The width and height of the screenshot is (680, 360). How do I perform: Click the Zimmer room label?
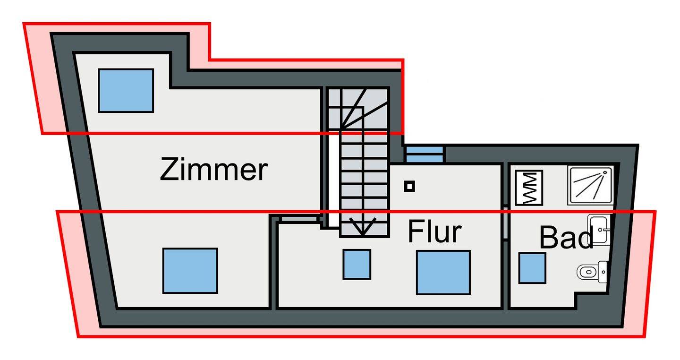click(214, 169)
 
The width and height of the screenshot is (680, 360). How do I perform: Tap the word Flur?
click(435, 231)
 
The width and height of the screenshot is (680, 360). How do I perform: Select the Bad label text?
click(566, 237)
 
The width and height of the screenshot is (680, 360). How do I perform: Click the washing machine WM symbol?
click(529, 188)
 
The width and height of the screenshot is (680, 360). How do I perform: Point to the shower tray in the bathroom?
click(590, 185)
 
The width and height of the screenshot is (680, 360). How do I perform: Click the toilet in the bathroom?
click(592, 271)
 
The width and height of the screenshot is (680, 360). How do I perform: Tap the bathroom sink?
click(599, 229)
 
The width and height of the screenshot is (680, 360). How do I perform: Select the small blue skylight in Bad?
click(532, 268)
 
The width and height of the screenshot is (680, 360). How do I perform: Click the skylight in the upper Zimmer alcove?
click(126, 91)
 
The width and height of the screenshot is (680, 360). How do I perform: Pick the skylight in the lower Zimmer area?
click(190, 271)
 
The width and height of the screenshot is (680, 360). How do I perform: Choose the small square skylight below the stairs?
click(357, 264)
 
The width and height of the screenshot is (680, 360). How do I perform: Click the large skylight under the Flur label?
click(443, 273)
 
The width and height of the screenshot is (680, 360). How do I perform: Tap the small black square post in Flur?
click(409, 186)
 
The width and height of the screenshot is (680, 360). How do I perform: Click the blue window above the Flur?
click(425, 154)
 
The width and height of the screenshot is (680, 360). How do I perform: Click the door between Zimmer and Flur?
click(299, 219)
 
